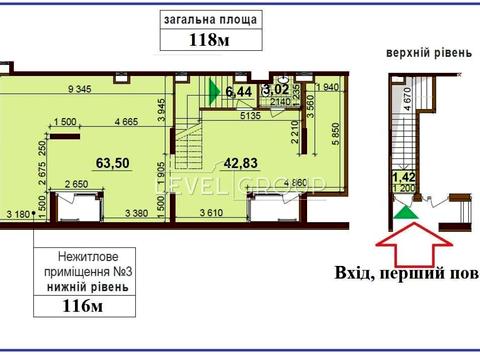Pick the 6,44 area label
tap(239, 92)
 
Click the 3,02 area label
tap(274, 91)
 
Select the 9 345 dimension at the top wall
tap(86, 91)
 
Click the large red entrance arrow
tap(405, 244)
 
